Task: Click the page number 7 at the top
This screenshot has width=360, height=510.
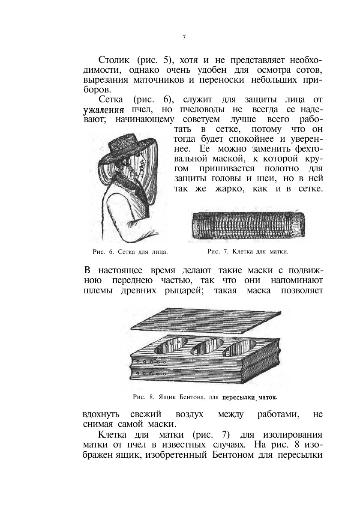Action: [184, 37]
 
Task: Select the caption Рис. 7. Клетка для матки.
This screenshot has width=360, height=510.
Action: [247, 251]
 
